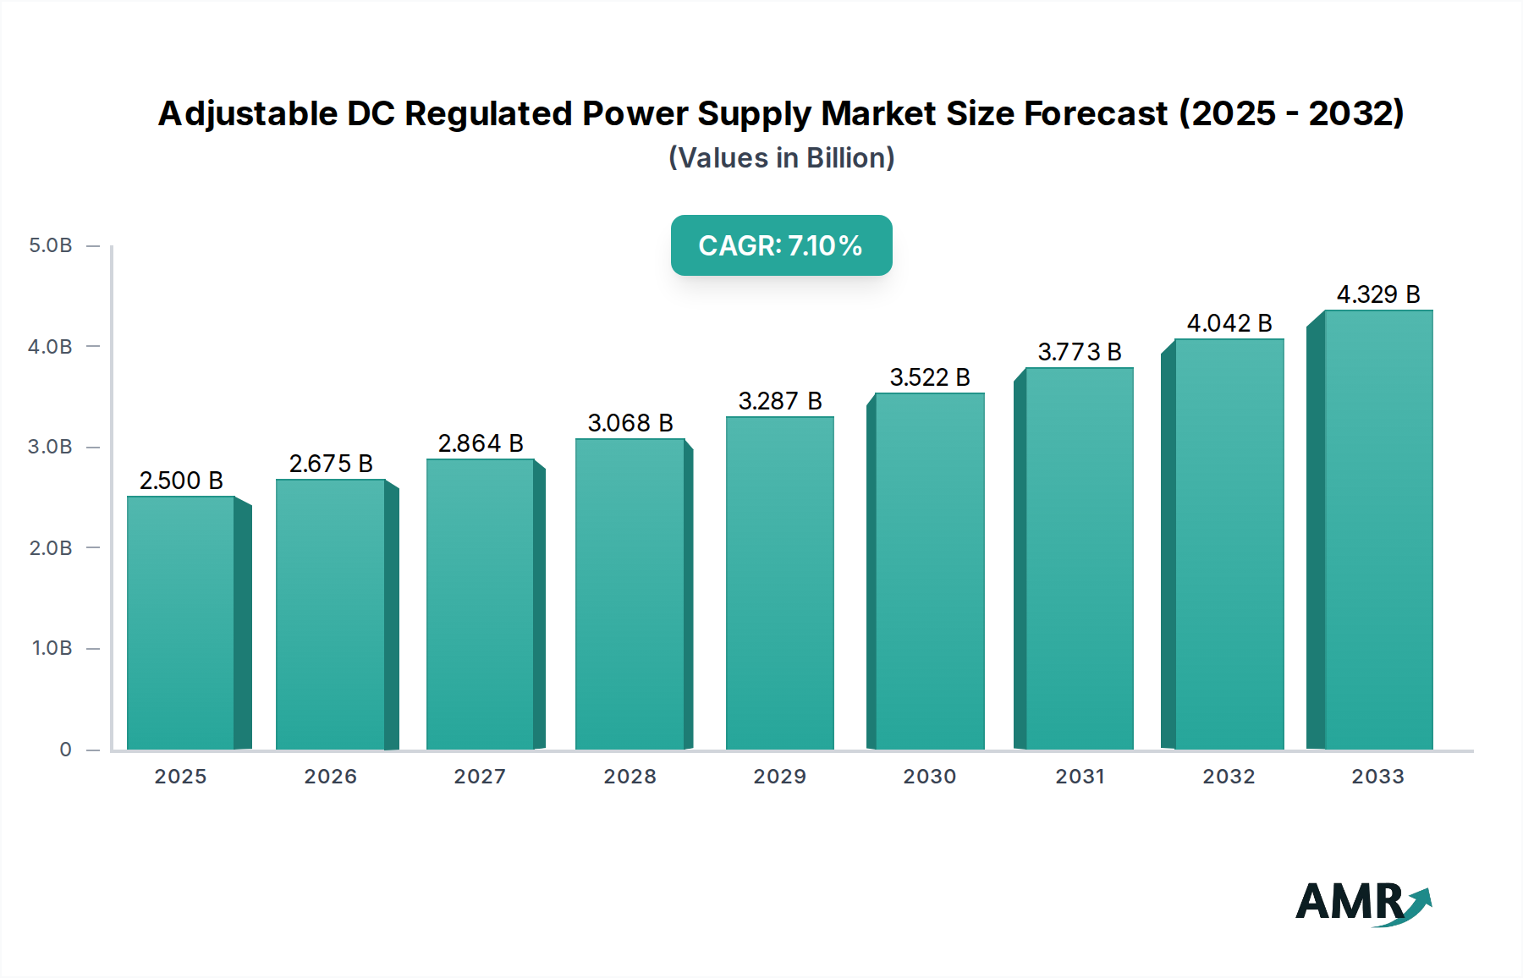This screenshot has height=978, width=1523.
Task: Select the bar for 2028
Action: coord(630,594)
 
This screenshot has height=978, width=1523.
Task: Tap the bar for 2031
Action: coord(1079,558)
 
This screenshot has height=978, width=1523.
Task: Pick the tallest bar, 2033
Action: coord(1377,530)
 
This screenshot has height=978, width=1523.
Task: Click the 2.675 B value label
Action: coord(331,464)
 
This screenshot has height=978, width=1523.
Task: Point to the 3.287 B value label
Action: coord(779,401)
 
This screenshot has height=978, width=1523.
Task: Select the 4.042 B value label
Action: coord(1229,323)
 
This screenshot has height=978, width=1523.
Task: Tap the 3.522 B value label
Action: coord(929,377)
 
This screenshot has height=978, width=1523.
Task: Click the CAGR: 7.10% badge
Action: coord(781,245)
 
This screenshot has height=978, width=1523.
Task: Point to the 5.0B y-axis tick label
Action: coord(51,245)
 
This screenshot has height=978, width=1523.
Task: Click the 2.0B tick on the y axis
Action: coord(51,548)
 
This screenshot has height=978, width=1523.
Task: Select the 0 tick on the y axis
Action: coord(65,750)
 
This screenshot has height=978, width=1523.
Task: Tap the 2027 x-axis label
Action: coord(480,777)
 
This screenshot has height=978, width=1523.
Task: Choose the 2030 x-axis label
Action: coord(929,777)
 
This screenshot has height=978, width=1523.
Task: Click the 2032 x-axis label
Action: coord(1229,777)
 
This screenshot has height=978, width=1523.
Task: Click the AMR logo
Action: coord(1362,903)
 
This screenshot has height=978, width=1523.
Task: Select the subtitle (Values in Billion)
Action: coord(781,158)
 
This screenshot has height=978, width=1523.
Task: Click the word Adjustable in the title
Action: coord(248,114)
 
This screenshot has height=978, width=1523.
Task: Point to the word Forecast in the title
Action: coord(1096,113)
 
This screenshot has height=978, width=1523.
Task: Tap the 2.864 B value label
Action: coord(480,443)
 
